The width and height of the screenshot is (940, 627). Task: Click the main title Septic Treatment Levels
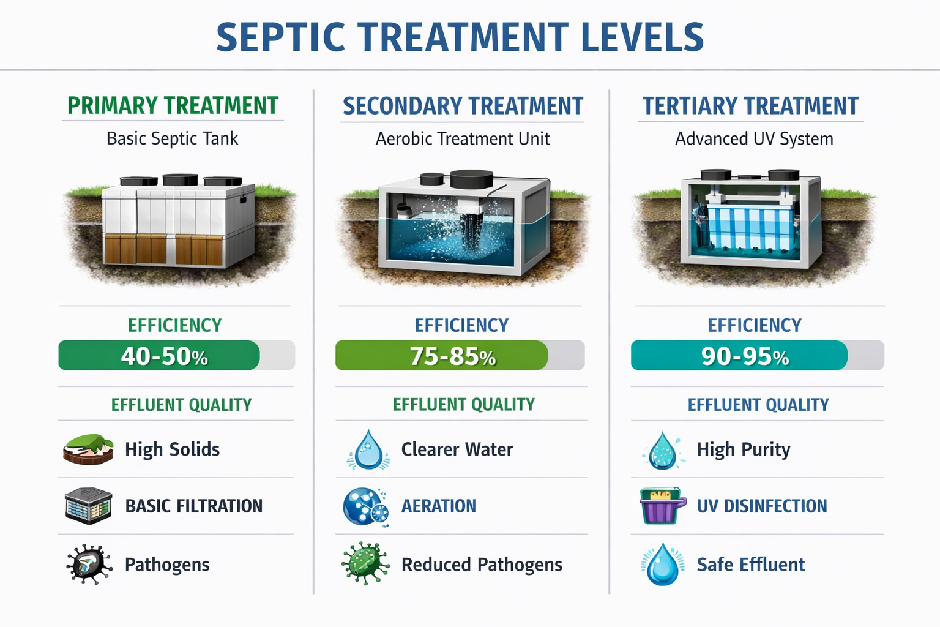460,37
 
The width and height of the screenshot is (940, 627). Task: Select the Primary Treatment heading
173,106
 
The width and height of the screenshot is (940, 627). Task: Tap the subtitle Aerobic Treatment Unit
463,139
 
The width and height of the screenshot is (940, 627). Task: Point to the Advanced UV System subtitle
754,139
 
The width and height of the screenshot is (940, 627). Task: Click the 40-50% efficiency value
164,356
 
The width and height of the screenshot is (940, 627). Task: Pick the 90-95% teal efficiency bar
739,356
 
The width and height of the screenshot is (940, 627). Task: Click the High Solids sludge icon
88,449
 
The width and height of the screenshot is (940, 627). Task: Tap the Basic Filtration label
193,506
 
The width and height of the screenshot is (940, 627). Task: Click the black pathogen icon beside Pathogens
89,564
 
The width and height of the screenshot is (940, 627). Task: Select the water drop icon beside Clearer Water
368,450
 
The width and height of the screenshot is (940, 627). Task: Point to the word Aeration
438,506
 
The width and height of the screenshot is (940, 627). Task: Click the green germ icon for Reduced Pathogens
365,563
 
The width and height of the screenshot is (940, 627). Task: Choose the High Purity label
743,449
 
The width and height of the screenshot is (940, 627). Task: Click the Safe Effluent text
750,565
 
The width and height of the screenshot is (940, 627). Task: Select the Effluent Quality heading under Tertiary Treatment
758,405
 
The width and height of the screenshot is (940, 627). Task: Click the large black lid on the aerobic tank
471,179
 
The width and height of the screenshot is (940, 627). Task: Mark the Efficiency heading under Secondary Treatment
461,325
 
